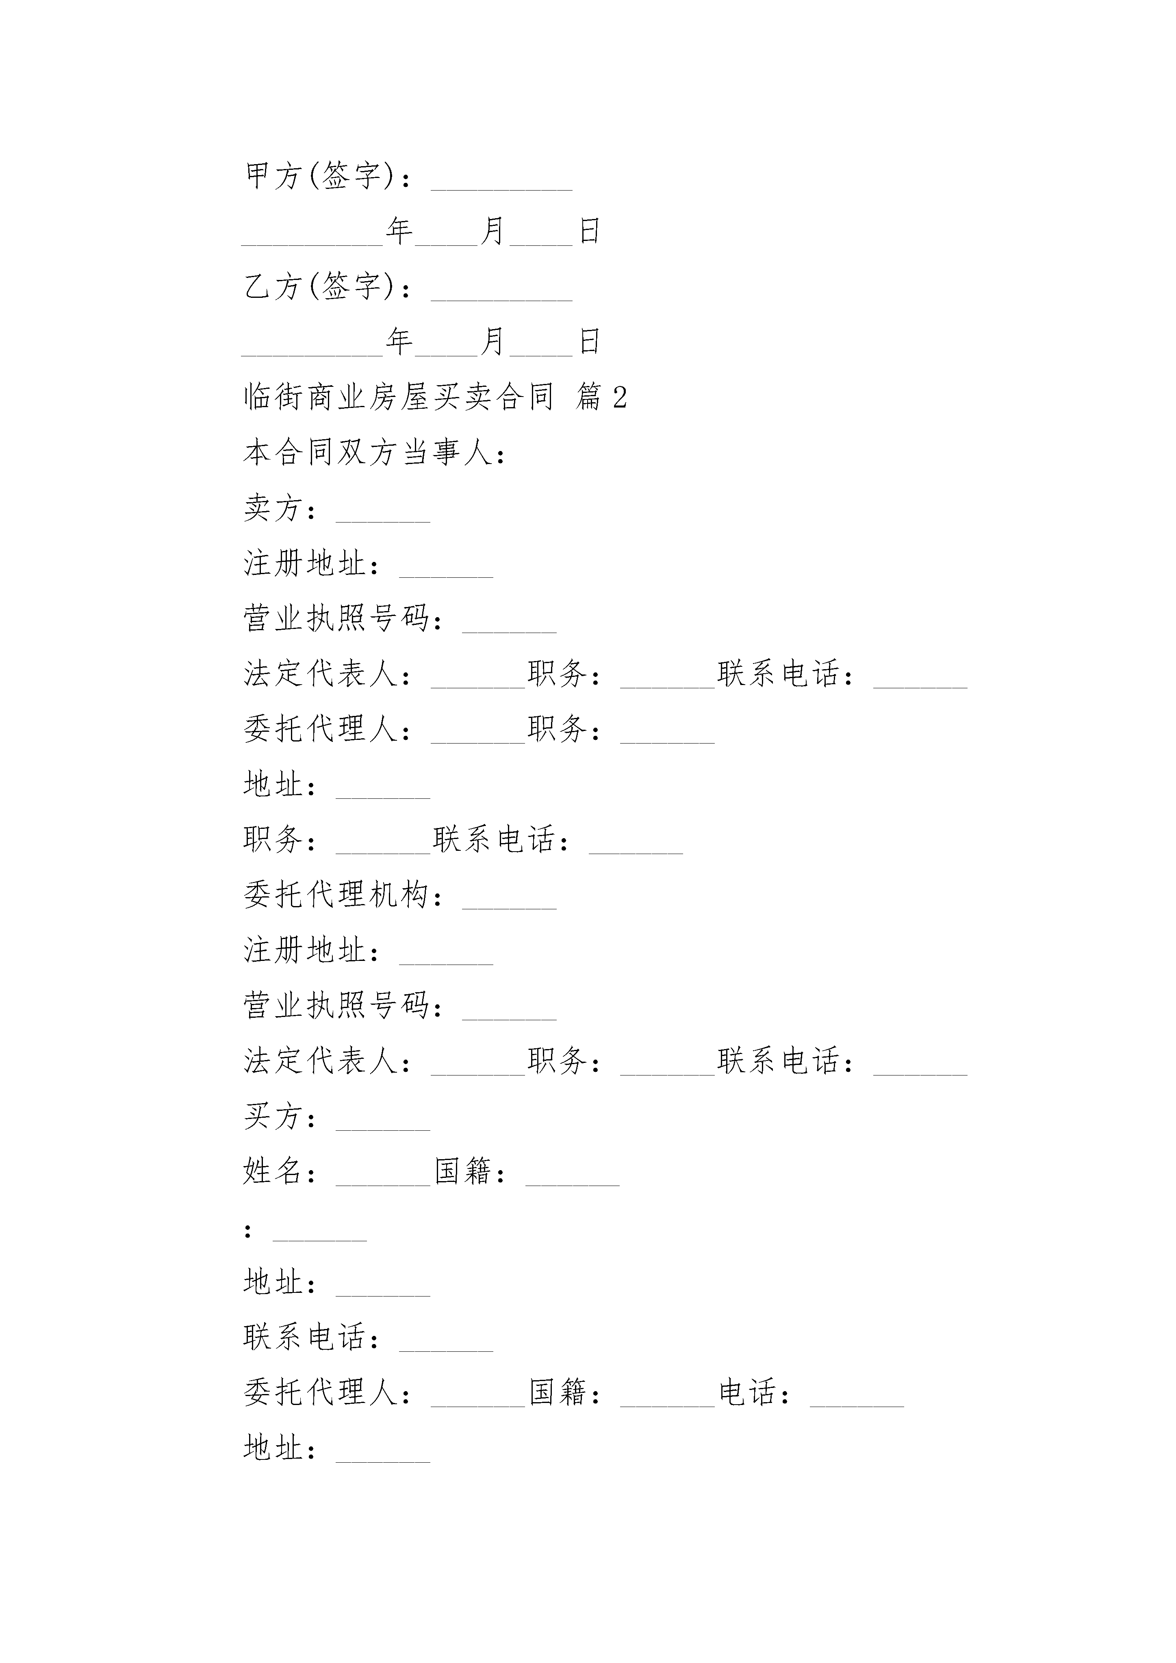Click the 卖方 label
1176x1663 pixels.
[x=272, y=508]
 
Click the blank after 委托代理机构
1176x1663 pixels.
[x=510, y=908]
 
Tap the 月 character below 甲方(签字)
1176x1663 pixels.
[x=493, y=231]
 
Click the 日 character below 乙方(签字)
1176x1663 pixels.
[x=590, y=341]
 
